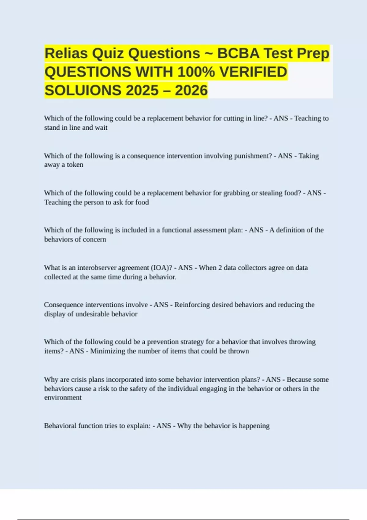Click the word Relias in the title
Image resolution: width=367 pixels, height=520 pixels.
pos(66,54)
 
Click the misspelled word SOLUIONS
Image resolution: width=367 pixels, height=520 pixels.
pos(83,91)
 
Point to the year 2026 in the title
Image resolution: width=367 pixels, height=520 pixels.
pos(191,91)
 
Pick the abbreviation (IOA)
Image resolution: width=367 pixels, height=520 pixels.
pos(161,268)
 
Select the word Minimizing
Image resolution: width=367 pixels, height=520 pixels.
pos(107,351)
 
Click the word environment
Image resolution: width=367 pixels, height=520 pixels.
pos(63,398)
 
